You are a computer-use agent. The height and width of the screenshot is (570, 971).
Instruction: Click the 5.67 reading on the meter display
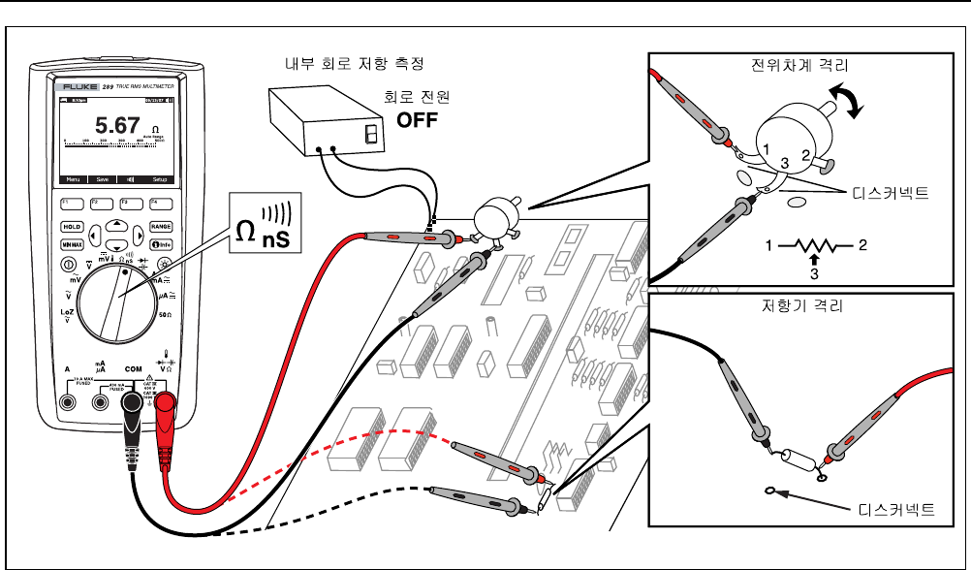(x=116, y=126)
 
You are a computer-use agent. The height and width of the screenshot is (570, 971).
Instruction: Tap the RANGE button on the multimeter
(x=161, y=226)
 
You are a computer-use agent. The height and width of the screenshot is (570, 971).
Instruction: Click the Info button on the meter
(x=162, y=244)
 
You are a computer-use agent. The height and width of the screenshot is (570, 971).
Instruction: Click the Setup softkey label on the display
(x=160, y=180)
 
